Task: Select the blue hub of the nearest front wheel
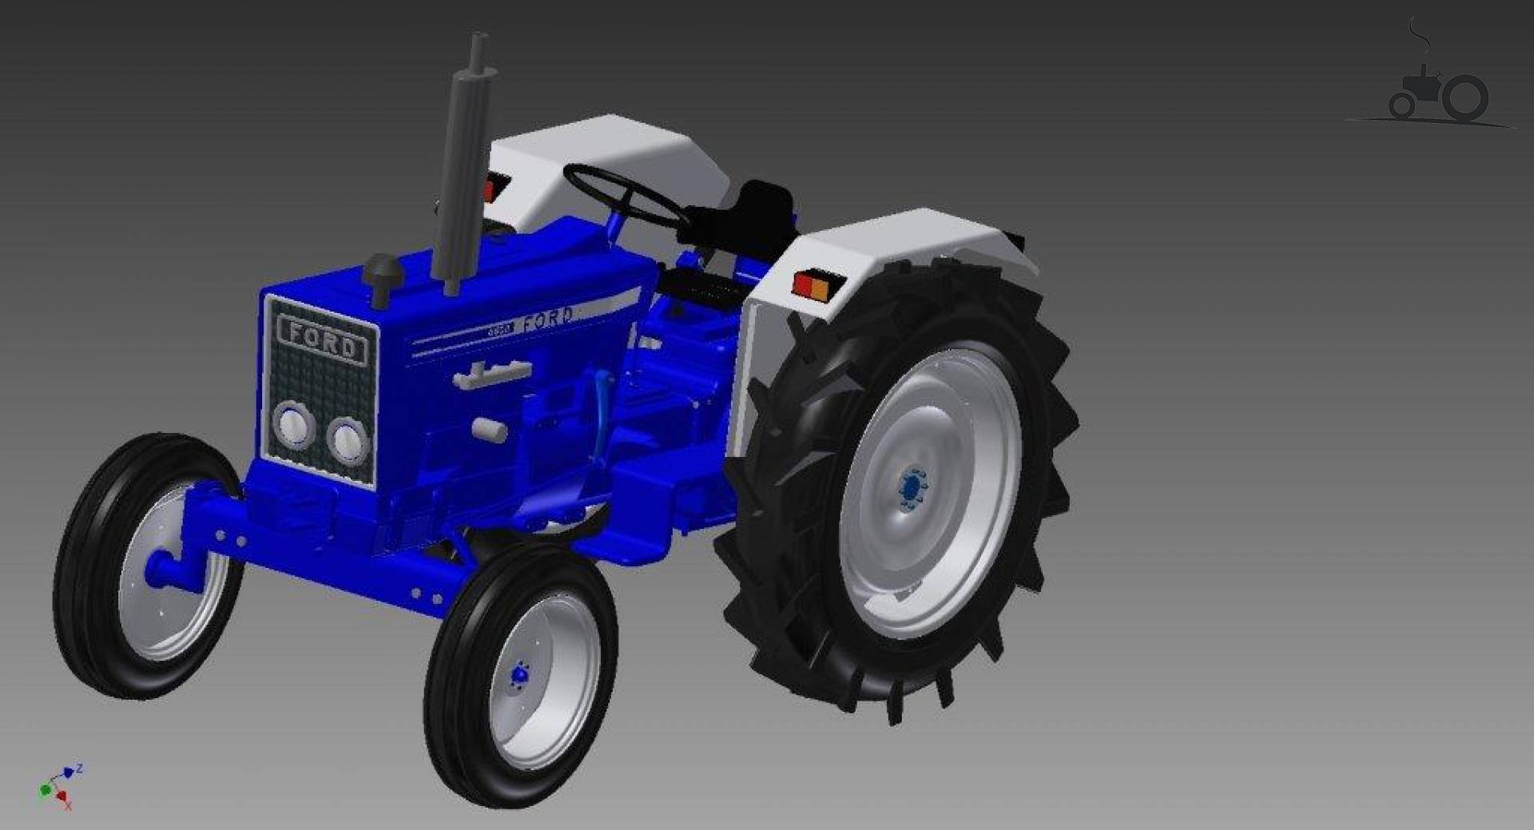(520, 676)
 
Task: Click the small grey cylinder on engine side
(489, 430)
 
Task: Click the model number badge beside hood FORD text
(501, 328)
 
